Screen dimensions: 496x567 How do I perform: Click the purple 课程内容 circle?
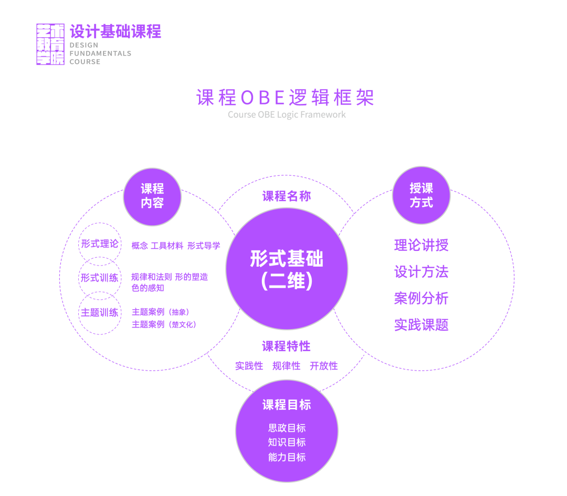[152, 196]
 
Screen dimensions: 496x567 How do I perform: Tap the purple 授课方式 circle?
[421, 195]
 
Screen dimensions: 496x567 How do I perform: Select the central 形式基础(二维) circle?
[287, 269]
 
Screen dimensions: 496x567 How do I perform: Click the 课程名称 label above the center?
[287, 196]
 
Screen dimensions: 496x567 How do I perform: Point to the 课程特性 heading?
[286, 346]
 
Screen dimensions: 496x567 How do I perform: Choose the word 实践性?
[249, 366]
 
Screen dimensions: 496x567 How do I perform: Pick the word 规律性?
[286, 366]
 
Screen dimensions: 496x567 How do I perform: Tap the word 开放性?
[323, 366]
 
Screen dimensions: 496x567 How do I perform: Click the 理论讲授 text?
[421, 245]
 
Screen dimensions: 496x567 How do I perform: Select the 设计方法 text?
[421, 272]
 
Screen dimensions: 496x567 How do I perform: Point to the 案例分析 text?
[421, 298]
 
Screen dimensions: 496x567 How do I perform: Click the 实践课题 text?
[421, 325]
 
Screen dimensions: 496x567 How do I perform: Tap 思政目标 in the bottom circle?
[287, 428]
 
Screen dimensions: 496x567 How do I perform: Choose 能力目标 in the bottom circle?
[287, 457]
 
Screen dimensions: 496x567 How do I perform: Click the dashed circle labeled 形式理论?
[100, 244]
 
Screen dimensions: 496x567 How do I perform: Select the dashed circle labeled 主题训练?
[100, 312]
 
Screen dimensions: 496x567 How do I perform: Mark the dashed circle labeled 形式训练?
[100, 278]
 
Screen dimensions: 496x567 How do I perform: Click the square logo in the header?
[50, 44]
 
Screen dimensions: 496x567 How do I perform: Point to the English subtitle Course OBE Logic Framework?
[287, 114]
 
